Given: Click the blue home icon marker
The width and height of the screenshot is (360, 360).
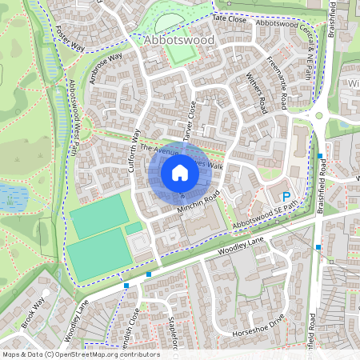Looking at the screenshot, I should (180, 173).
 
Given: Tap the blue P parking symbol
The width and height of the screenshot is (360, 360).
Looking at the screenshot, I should (285, 196).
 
